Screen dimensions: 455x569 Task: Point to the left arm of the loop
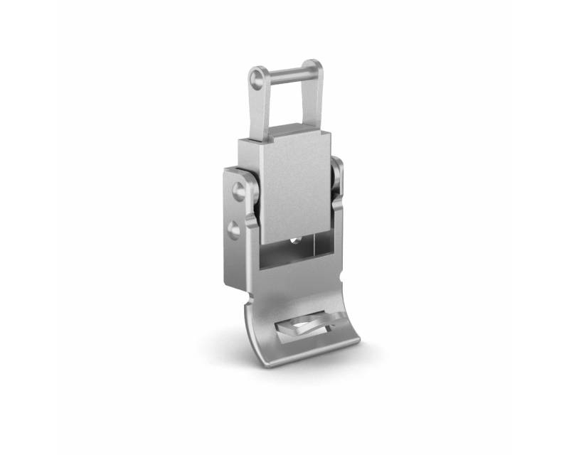point(258,107)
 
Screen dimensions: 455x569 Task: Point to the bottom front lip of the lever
point(313,354)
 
